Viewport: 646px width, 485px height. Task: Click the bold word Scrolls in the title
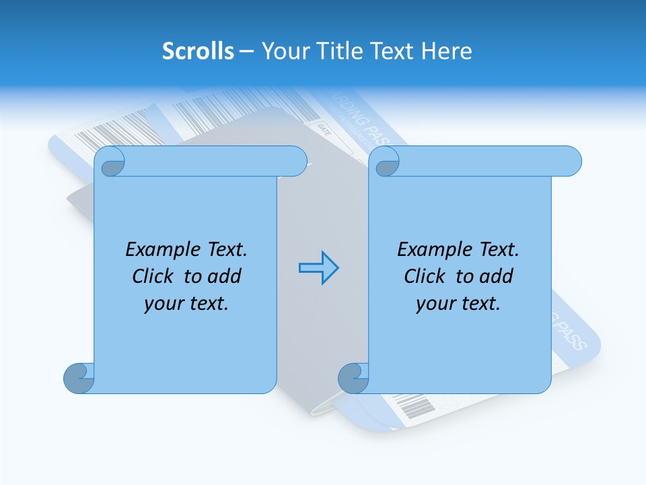[x=198, y=51]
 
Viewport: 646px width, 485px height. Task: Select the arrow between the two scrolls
[x=318, y=268]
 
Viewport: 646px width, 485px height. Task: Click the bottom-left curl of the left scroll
[x=79, y=378]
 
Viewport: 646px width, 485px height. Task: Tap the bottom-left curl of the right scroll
[x=354, y=378]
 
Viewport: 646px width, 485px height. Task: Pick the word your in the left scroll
[x=163, y=304]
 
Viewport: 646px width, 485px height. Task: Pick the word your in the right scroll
[x=435, y=304]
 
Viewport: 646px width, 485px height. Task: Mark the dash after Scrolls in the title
[x=246, y=51]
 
